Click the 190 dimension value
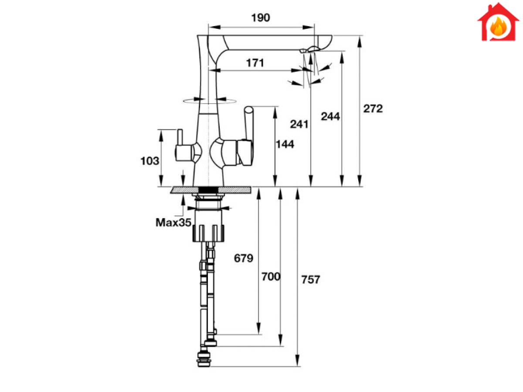coord(261,17)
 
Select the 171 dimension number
coord(255,63)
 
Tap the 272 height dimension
coord(373,108)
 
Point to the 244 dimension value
coord(330,116)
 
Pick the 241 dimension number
coord(299,124)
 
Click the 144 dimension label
coord(285,144)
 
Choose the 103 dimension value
coord(149,161)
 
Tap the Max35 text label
coord(173,223)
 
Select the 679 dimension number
coord(244,258)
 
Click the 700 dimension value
coord(271,277)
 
